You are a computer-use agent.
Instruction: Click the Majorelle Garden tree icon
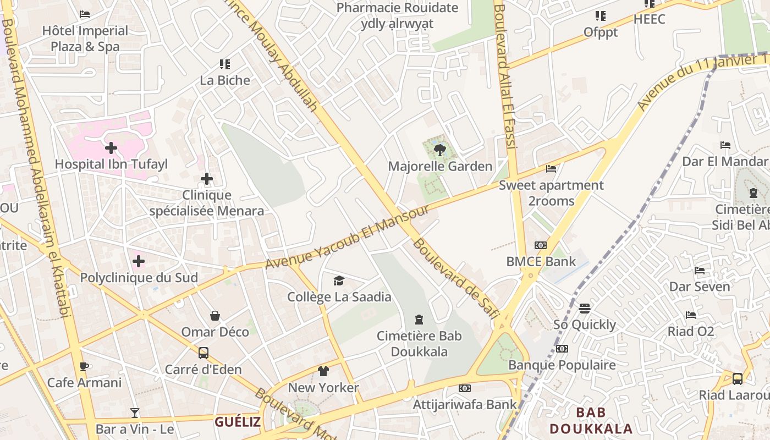(439, 150)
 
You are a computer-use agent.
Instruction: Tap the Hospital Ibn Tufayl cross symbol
(111, 147)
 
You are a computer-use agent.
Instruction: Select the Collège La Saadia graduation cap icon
(339, 281)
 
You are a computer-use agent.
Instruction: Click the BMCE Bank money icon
(541, 245)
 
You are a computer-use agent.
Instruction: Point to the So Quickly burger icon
(585, 309)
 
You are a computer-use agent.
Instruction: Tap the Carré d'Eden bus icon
(204, 353)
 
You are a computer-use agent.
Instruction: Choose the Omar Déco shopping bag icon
(215, 316)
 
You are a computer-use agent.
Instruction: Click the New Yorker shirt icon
(323, 371)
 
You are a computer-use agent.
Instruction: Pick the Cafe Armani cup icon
(84, 366)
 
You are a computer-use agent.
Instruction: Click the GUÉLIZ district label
(238, 422)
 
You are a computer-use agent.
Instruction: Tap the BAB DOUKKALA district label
(591, 421)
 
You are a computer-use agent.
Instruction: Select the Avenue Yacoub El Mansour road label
(347, 237)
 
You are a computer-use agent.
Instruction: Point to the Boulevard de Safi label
(456, 278)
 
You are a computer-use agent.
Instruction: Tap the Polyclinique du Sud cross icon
(139, 261)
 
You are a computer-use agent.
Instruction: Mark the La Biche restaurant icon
(224, 64)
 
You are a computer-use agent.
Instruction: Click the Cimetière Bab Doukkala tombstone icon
(420, 320)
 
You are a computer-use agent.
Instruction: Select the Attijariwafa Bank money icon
(465, 388)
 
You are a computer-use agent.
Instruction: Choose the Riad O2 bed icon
(691, 315)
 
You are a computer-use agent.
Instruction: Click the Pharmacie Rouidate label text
(397, 8)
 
